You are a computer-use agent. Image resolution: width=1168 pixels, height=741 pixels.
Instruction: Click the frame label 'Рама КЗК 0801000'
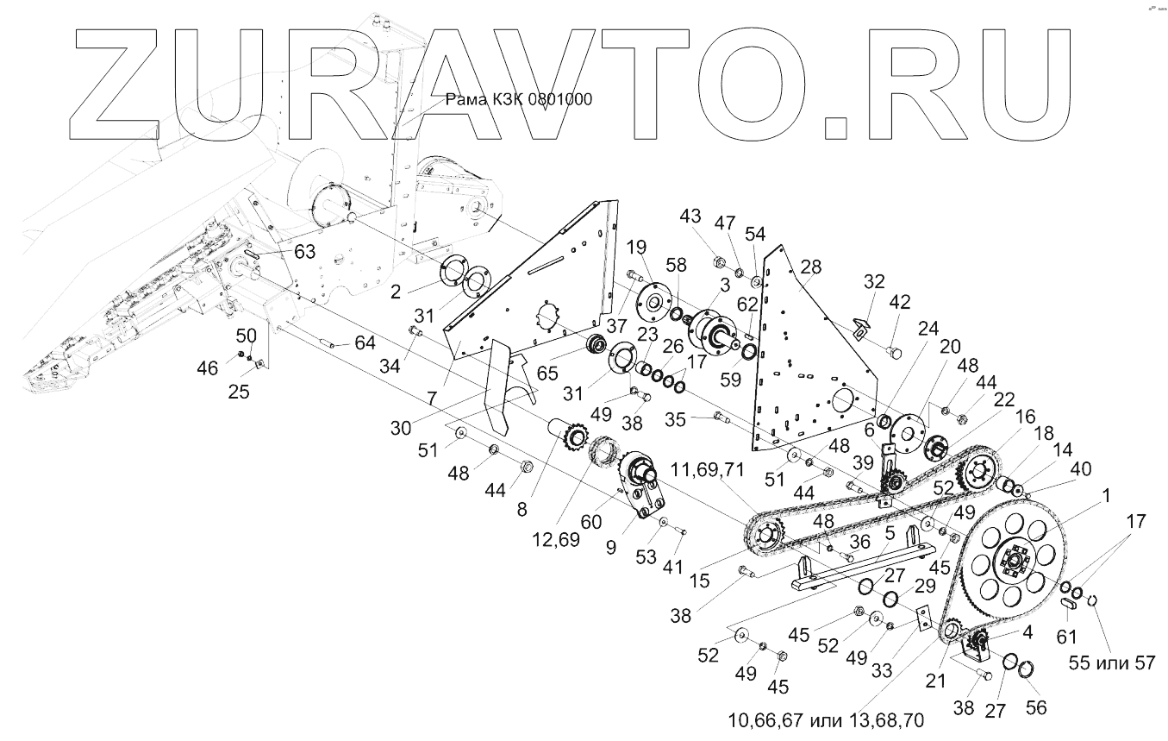click(518, 99)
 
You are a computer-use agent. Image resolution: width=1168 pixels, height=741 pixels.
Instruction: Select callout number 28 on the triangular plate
click(810, 267)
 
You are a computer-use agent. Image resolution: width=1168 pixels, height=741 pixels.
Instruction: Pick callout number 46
click(207, 368)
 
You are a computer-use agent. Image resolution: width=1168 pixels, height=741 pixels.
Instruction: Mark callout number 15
click(699, 581)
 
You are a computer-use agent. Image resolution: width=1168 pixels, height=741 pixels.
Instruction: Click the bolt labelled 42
click(894, 353)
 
